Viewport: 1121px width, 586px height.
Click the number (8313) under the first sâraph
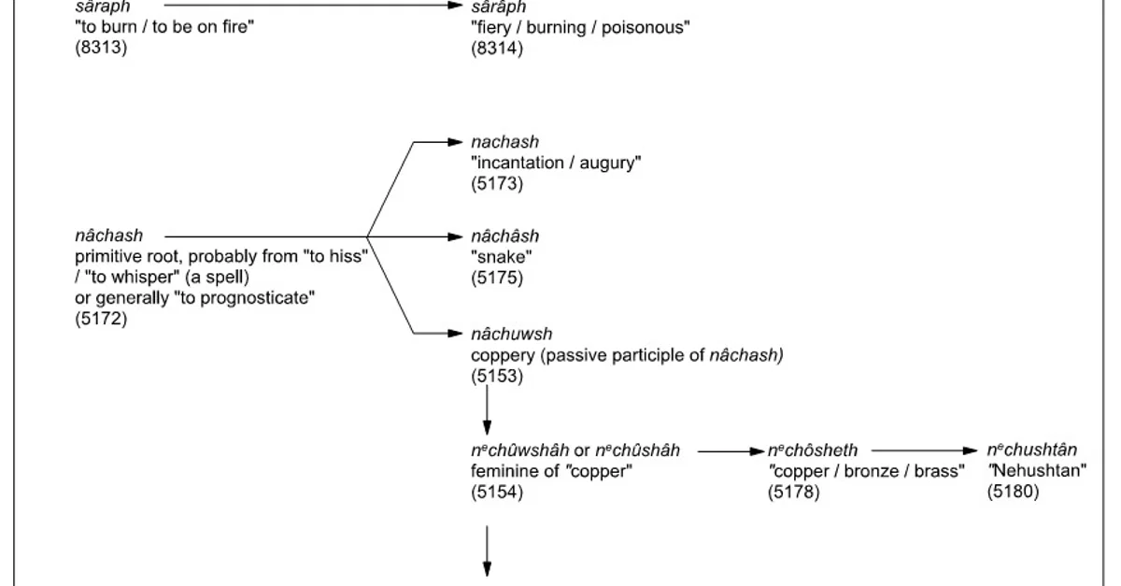(101, 48)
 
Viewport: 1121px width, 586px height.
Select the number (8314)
(497, 48)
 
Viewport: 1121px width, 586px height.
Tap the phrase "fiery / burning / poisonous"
(580, 27)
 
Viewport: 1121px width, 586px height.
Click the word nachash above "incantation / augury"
(504, 142)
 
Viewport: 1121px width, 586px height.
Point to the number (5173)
(497, 183)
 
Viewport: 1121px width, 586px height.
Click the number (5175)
(497, 278)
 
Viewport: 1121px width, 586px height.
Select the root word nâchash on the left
(108, 236)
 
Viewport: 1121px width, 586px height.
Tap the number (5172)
(101, 319)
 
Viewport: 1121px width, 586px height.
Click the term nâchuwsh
(512, 334)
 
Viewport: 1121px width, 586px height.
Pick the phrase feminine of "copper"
(552, 471)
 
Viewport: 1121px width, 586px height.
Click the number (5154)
(497, 492)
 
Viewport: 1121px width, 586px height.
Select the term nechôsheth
(812, 450)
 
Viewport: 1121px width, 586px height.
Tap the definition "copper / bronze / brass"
(866, 471)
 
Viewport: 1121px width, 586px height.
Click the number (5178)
(793, 492)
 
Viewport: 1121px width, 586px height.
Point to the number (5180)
(1013, 492)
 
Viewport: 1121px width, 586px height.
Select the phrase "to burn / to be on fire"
(165, 27)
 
